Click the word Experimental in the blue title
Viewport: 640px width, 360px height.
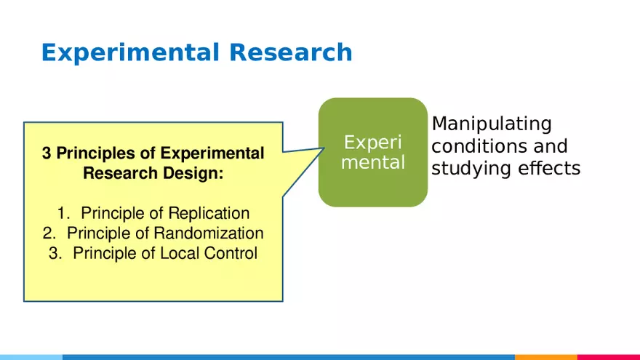pyautogui.click(x=130, y=52)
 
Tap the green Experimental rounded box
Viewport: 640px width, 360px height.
pyautogui.click(x=372, y=152)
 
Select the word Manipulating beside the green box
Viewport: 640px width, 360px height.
pyautogui.click(x=492, y=124)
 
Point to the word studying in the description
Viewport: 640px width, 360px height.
pyautogui.click(x=471, y=169)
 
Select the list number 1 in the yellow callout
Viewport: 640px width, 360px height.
pyautogui.click(x=64, y=213)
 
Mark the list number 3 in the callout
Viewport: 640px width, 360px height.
pyautogui.click(x=56, y=254)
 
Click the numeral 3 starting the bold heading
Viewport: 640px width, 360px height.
pyautogui.click(x=47, y=153)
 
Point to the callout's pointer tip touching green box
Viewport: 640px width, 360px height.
pyautogui.click(x=323, y=148)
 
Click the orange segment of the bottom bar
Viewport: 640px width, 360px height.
pyautogui.click(x=545, y=357)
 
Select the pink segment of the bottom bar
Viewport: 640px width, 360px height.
pyautogui.click(x=609, y=357)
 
